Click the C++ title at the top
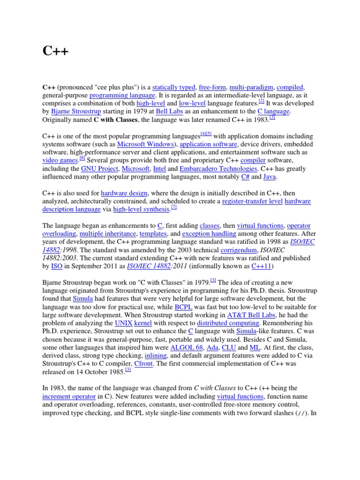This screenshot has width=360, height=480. click(55, 51)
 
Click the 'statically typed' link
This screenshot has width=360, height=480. click(174, 87)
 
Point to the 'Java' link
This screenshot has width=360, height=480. click(270, 177)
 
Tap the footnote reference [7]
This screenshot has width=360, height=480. click(174, 207)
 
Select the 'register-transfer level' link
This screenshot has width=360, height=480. click(252, 201)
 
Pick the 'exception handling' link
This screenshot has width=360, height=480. click(209, 233)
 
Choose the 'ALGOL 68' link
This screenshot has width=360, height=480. click(187, 347)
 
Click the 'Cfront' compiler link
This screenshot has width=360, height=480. click(143, 364)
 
